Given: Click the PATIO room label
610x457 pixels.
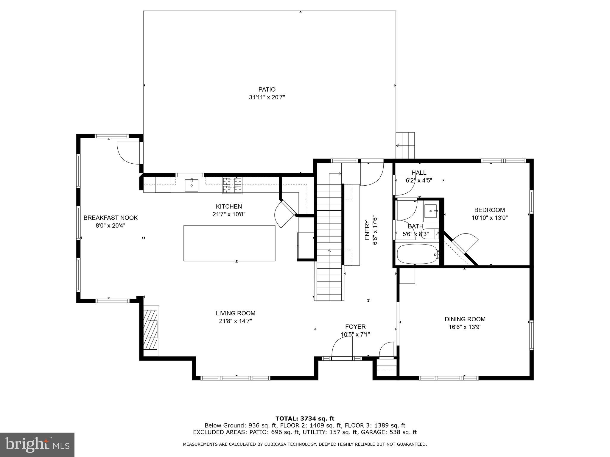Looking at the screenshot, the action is click(x=267, y=90).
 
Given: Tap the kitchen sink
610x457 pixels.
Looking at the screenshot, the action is click(x=192, y=185).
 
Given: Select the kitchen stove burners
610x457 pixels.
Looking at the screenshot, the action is click(x=232, y=185).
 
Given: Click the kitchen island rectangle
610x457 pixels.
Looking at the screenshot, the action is click(x=229, y=243).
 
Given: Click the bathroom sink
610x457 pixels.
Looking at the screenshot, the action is click(x=431, y=211).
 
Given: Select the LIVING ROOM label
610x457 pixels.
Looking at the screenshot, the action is click(x=236, y=313).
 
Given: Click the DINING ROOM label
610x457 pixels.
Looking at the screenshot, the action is click(x=465, y=319).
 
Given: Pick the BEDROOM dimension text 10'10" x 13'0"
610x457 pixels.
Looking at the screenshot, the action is click(x=489, y=218).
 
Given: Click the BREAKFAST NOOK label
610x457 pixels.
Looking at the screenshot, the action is click(x=111, y=218).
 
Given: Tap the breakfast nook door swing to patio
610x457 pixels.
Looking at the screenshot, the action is click(x=128, y=153).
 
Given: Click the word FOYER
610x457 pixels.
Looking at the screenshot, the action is click(x=355, y=327).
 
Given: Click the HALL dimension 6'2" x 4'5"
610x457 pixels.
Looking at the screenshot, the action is click(x=419, y=180).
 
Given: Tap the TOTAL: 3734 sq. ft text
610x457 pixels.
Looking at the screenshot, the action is click(x=305, y=419).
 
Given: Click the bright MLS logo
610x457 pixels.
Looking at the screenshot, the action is click(x=37, y=445).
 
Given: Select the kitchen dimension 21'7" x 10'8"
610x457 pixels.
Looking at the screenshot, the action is click(x=229, y=214).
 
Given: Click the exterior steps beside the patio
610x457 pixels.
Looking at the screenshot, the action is click(x=405, y=146).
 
